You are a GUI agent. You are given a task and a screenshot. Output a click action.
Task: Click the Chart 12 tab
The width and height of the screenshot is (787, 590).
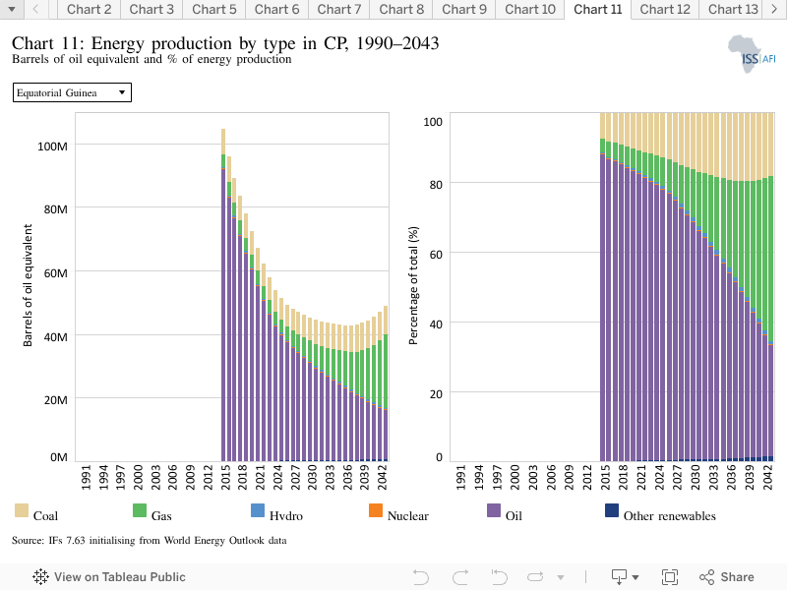tap(665, 10)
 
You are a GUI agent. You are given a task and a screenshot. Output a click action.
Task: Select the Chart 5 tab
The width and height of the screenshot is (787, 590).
tap(213, 10)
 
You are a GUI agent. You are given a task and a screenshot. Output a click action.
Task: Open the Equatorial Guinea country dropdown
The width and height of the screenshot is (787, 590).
tap(72, 92)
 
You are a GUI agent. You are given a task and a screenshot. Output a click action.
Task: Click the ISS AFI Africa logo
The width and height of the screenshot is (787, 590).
tap(752, 54)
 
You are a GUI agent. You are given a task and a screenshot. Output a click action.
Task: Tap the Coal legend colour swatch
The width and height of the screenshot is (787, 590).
tap(22, 510)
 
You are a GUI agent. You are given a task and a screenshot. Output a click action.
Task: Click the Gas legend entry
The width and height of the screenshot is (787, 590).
tap(152, 511)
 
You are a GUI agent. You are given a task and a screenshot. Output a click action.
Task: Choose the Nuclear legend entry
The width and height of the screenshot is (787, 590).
tap(399, 511)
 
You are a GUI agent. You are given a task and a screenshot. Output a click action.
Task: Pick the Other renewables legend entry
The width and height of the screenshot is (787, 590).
tap(660, 511)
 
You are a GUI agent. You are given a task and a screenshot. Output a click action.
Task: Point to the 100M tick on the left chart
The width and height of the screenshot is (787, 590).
tap(52, 147)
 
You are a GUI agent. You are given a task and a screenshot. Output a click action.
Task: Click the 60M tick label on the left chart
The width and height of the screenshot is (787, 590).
tap(55, 273)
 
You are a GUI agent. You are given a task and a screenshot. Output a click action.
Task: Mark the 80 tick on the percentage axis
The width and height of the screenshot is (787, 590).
tap(436, 185)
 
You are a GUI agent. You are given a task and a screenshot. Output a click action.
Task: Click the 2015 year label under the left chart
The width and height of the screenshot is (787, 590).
tap(225, 477)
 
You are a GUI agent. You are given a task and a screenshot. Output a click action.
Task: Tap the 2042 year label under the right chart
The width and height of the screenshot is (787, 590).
tap(767, 477)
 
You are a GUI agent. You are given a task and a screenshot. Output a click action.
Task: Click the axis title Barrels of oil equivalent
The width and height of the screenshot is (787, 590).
tap(28, 285)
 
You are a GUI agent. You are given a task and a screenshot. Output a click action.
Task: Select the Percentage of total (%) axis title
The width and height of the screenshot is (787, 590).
tap(413, 285)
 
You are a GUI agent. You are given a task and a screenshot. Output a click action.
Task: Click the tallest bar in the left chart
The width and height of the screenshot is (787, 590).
tap(223, 295)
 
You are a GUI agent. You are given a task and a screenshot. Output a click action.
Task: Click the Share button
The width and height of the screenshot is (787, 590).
tap(727, 577)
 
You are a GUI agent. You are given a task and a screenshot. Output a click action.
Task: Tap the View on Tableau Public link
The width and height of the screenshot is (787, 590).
tap(109, 577)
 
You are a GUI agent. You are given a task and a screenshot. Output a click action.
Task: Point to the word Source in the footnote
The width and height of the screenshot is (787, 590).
tap(28, 540)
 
